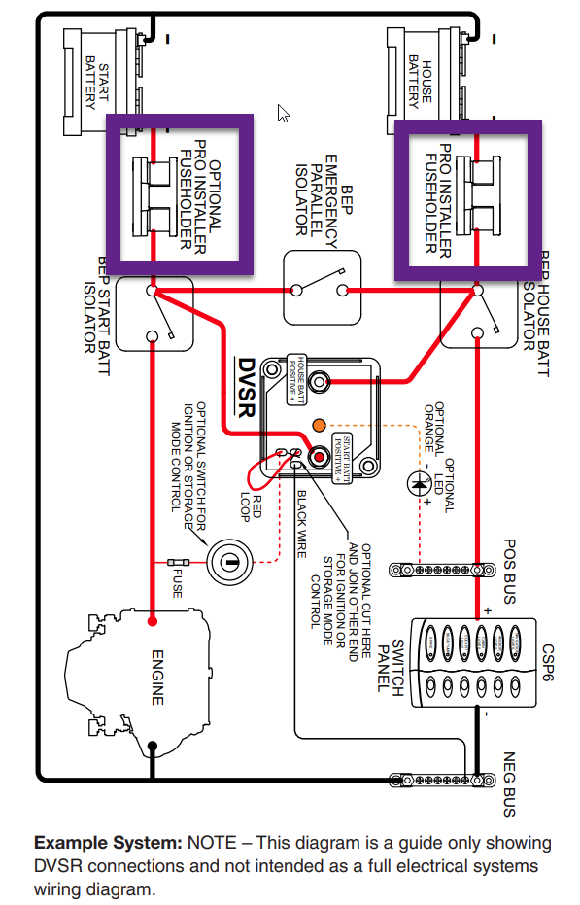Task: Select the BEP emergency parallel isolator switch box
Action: pos(320,288)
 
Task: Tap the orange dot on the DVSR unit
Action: pos(318,424)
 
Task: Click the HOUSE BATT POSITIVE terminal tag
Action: pos(296,371)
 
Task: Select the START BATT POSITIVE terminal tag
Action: pos(341,456)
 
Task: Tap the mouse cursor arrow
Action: pos(284,113)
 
